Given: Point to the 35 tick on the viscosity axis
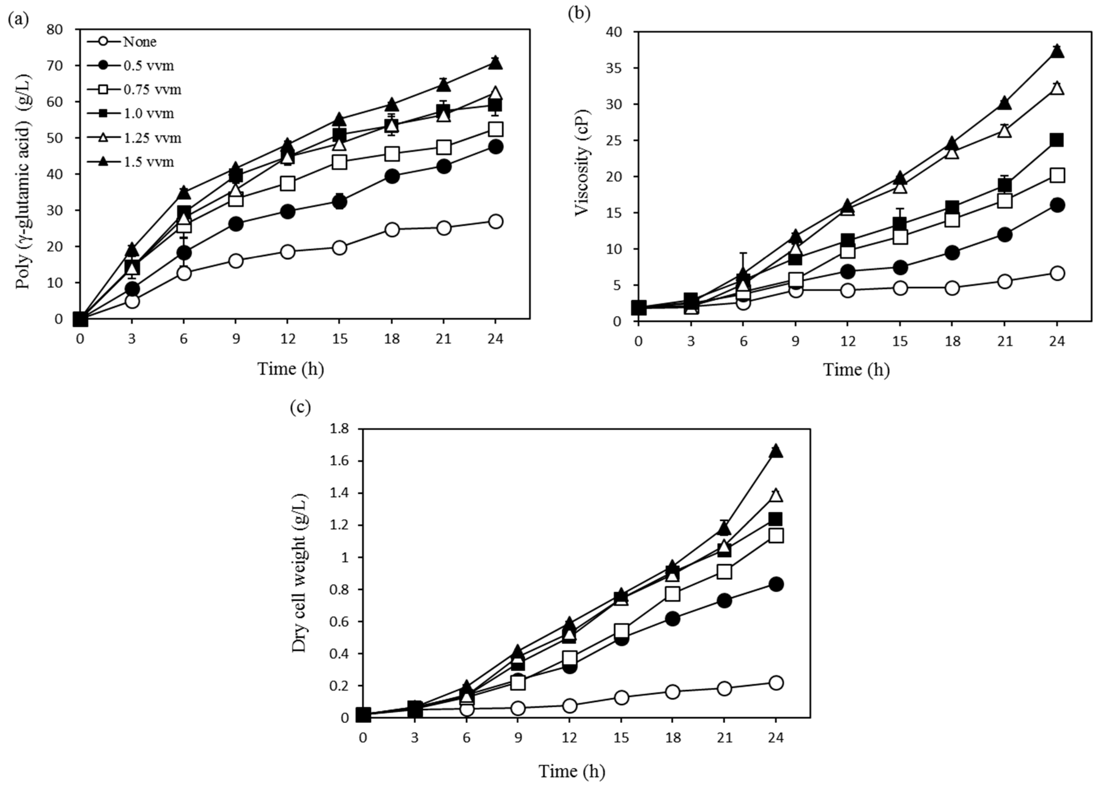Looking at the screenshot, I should coord(614,68).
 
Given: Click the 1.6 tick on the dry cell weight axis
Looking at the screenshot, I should coord(339,461).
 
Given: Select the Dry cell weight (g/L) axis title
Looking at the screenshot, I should coord(299,573).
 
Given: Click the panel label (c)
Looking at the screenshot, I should coord(300,407).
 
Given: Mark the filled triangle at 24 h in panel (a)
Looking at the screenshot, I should coord(495,62).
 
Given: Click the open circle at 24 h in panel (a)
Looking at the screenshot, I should coord(495,222).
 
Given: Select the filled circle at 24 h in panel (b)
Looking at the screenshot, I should coord(1057,205).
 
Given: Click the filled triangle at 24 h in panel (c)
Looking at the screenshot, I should coord(776,451).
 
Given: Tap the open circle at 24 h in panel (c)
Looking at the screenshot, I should coord(776,683).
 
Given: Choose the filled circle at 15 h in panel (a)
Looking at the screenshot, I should coord(340,202).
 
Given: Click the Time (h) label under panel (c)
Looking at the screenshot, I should coord(572,771).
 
